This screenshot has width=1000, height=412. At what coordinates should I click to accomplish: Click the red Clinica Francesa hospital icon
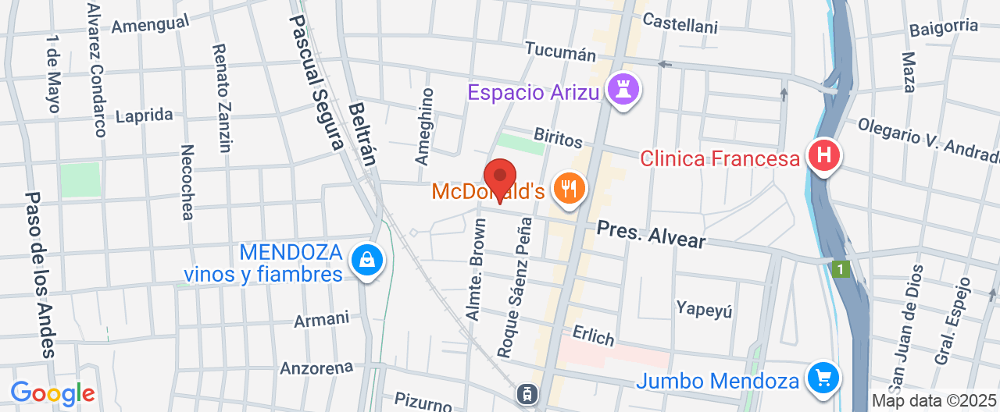point(823,155)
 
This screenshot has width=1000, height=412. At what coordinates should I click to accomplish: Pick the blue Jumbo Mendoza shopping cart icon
point(822,379)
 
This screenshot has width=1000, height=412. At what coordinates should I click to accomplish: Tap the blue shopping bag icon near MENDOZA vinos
point(366,261)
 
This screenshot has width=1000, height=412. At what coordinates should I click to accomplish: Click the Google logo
point(52,393)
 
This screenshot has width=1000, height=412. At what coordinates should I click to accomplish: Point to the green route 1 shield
point(840,269)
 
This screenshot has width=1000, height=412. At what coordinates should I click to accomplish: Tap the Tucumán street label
point(560,51)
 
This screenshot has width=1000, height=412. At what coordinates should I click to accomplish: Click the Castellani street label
point(680,24)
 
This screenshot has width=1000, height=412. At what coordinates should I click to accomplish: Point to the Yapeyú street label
point(705,309)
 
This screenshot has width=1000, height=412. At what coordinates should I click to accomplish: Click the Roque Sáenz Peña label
point(515,287)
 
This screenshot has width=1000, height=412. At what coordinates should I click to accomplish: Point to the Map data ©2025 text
point(934,401)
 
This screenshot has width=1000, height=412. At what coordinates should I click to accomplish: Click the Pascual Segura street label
point(316,82)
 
